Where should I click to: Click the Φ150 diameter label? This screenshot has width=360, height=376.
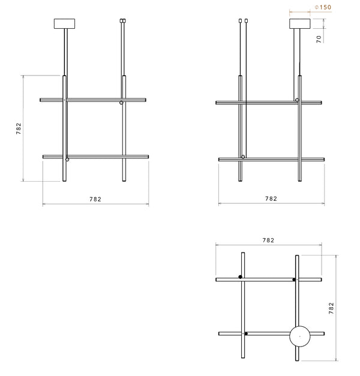[323, 7]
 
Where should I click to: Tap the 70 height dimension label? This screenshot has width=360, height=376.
[319, 39]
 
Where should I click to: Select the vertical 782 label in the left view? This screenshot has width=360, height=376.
[19, 128]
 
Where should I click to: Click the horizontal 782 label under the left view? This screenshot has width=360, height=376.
[95, 199]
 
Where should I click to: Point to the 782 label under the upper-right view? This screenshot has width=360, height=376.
[271, 198]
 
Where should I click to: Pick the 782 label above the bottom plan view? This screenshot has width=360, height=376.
[268, 240]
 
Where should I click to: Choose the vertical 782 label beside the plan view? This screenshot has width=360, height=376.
[331, 308]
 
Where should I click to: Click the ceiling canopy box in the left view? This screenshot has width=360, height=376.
[64, 24]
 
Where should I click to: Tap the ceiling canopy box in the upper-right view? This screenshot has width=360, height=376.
[300, 24]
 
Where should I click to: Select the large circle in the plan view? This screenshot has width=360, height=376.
[300, 326]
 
